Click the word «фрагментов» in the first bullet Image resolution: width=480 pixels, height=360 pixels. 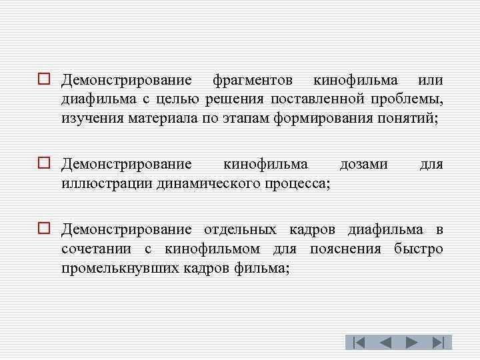click(x=252, y=81)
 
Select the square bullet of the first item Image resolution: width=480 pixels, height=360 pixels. click(x=44, y=81)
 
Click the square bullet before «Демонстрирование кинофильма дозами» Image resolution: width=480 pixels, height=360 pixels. click(x=44, y=164)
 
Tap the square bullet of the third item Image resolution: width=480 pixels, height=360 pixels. click(x=44, y=229)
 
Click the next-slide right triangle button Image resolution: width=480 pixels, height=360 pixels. click(x=412, y=343)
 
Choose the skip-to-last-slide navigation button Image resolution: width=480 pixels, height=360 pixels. click(x=439, y=343)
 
